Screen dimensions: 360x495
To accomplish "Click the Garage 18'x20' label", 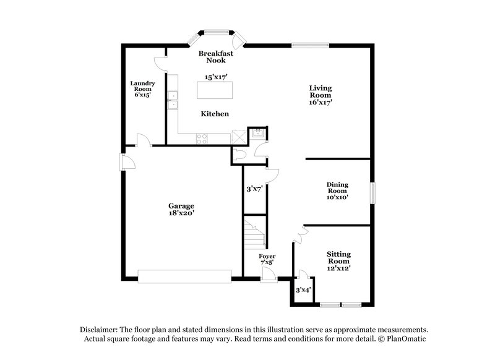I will coord(181,209).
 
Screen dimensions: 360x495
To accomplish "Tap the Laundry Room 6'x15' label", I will coord(142,89).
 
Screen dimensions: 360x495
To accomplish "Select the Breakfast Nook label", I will coord(215,58).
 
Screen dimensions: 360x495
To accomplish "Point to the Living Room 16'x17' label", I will coord(321,95).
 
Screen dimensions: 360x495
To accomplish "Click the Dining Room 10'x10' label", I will coord(337,191).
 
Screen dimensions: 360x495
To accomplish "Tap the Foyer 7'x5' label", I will coord(267,259).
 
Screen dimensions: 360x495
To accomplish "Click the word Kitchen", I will coord(215,114).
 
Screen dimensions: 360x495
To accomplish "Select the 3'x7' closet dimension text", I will coord(255,190).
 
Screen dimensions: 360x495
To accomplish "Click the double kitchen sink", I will coord(174,100).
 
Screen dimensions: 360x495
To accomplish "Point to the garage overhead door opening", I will coord(185,276).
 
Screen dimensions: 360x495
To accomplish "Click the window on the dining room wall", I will coord(372,192).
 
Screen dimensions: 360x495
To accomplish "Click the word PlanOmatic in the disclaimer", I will coord(407,339).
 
